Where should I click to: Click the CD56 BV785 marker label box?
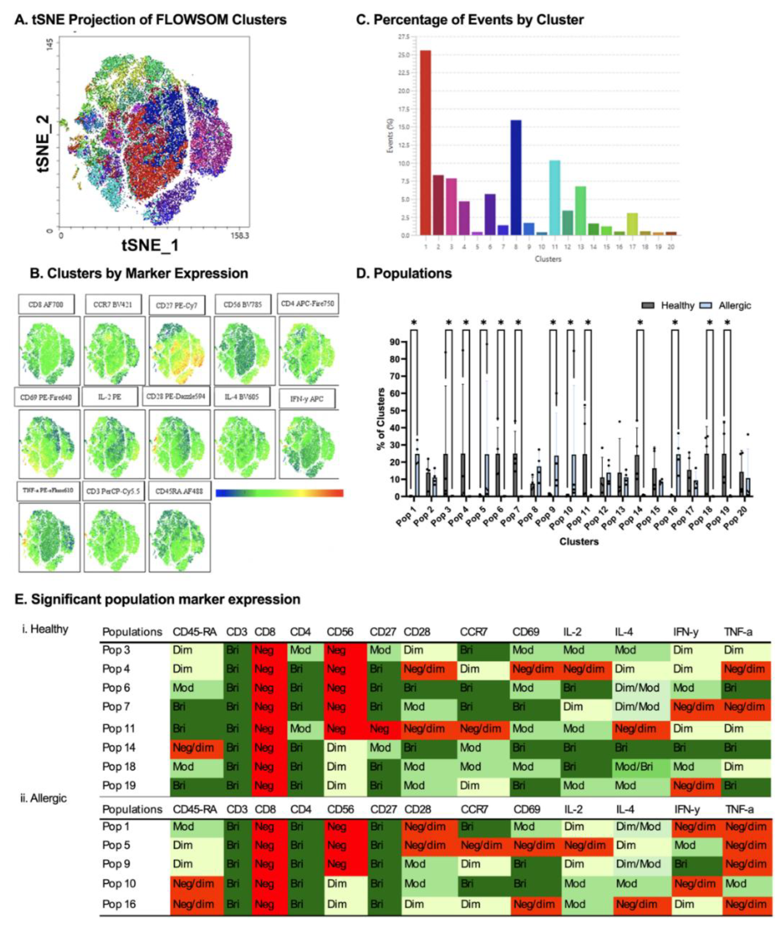(242, 305)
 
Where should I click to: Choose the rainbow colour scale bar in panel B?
(279, 493)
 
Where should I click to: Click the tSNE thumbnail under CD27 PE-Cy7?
(179, 351)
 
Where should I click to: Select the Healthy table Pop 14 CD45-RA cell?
(196, 748)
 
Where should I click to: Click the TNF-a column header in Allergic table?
(739, 809)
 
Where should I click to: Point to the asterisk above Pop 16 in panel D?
(675, 323)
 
